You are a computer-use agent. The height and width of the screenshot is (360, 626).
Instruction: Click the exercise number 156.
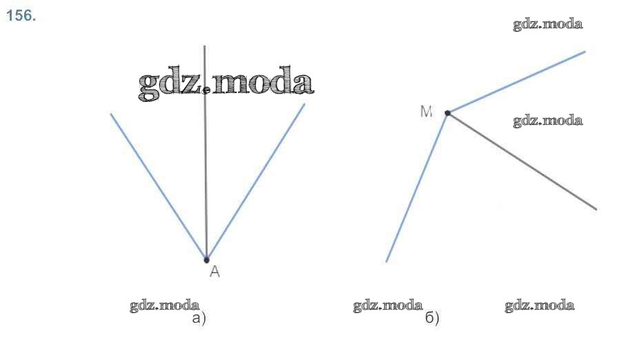21,17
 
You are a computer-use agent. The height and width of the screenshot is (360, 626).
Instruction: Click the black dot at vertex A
207,259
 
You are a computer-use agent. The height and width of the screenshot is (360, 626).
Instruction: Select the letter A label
214,272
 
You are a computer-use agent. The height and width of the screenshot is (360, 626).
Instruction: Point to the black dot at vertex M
447,112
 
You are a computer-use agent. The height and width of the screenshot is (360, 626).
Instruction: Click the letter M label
427,112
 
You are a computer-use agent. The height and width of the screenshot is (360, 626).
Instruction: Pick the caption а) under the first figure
199,319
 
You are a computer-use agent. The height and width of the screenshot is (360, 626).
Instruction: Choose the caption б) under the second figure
432,319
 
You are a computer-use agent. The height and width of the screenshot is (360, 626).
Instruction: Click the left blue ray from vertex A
159,186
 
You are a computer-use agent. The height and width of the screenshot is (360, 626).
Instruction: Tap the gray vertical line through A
205,172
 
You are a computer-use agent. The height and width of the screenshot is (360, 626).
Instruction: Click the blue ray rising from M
517,81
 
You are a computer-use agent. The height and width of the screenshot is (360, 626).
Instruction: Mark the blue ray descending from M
417,186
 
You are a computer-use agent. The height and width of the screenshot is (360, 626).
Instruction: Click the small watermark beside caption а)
165,306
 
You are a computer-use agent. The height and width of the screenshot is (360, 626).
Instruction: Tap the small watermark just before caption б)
387,306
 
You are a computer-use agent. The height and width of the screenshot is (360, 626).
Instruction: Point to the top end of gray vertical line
205,46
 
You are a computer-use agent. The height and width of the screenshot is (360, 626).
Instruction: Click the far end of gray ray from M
596,208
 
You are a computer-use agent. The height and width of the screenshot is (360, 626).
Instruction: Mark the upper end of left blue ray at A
111,114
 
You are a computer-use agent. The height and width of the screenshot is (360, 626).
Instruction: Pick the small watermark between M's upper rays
547,121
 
